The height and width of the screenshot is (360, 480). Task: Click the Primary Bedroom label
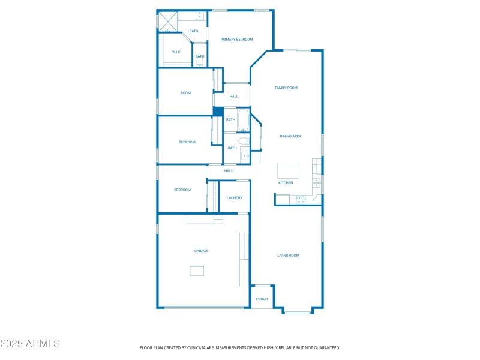[x=236, y=40]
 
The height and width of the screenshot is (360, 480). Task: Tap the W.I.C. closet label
[x=176, y=52]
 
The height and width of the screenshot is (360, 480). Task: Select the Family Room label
[x=286, y=88]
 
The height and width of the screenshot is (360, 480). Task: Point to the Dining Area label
[x=290, y=136]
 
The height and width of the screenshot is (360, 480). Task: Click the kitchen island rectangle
[x=287, y=170]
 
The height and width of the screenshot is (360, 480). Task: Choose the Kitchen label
[x=286, y=182]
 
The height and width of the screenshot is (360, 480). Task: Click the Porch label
[x=262, y=299]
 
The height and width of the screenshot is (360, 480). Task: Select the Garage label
[x=200, y=251]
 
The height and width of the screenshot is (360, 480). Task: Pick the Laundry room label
[x=235, y=198]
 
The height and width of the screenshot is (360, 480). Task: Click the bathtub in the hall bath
[x=244, y=120]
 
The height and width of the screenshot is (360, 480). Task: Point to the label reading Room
[x=186, y=93]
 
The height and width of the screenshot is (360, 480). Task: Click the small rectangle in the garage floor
[x=197, y=271]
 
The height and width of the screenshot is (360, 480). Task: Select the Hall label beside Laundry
[x=229, y=171]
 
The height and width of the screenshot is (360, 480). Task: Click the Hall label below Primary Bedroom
[x=233, y=96]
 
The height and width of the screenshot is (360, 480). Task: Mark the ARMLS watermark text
[x=30, y=344]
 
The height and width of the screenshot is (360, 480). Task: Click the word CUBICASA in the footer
[x=207, y=347]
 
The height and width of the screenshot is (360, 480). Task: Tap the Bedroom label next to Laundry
[x=182, y=190]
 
